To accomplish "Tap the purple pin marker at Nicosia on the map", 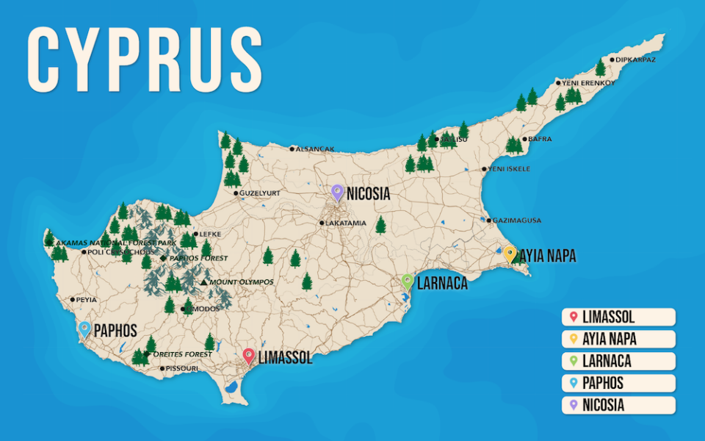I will pos(337,192).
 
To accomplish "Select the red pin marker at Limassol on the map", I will pos(249,356).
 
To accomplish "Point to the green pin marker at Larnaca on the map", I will pos(408,282).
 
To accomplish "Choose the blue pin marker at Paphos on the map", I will pos(84,329).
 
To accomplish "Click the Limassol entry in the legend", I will pos(618,318).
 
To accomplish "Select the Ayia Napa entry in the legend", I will pos(618,340).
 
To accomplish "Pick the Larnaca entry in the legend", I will pos(618,362).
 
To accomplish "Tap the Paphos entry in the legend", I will pos(618,384).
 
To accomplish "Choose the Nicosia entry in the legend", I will pos(618,406).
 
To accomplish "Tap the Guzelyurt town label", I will pos(259,193).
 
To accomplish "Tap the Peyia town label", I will pos(86,299).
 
